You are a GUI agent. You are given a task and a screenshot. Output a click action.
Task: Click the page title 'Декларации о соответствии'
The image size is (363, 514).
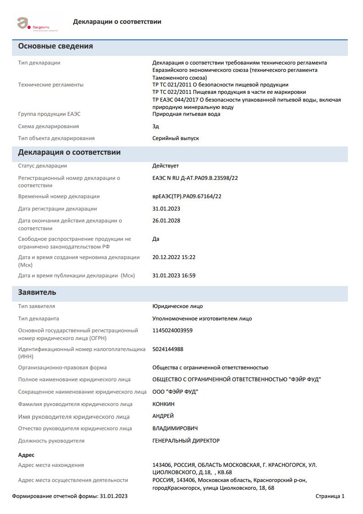coord(117,22)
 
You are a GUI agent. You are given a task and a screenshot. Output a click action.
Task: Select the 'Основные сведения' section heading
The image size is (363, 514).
coord(55,46)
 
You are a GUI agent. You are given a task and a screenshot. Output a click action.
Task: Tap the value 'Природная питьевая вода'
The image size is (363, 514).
coord(186,114)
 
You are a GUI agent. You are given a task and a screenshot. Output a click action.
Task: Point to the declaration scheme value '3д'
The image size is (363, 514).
coord(156,126)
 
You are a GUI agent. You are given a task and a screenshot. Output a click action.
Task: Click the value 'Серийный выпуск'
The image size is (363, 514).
coord(176,138)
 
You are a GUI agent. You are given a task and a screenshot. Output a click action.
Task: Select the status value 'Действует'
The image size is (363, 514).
coord(166,166)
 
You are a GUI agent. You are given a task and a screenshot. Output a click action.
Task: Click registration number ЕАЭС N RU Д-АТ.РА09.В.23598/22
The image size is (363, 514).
coord(195,178)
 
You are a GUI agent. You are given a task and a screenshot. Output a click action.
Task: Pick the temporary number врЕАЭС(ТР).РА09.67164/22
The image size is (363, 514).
coord(187,196)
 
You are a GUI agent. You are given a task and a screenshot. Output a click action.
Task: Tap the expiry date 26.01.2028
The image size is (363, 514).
coord(166,221)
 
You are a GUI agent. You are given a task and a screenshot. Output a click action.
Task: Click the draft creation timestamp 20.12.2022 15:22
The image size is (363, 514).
coord(174,257)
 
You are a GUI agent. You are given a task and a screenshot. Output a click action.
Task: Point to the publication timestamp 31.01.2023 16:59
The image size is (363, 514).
coord(174,276)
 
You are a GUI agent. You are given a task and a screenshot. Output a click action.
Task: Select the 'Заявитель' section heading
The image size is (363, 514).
coord(37,292)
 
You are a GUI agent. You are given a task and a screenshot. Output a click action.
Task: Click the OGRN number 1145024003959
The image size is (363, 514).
coord(173,330)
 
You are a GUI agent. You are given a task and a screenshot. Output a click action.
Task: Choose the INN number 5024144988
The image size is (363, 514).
coord(168,349)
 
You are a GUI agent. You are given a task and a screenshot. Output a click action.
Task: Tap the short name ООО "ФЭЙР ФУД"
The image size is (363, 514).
coord(175,392)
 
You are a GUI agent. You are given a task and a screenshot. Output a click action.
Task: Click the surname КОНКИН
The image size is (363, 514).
coord(163,404)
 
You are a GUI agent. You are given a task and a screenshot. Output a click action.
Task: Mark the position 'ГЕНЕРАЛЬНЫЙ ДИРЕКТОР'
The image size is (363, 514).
coord(186,441)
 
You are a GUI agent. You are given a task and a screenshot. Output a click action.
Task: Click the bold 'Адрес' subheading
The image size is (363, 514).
coord(26,455)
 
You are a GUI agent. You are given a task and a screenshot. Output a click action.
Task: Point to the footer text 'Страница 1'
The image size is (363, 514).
coord(330,496)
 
